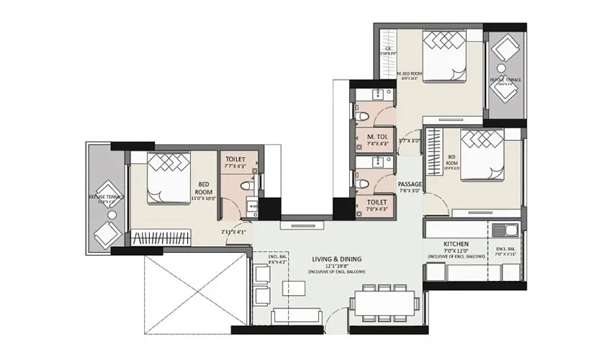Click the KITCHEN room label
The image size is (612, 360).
[x=457, y=244]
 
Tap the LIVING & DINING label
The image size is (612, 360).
[x=336, y=258]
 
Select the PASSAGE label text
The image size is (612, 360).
[x=409, y=184]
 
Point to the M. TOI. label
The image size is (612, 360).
[x=378, y=136]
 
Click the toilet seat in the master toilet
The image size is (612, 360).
[x=364, y=115]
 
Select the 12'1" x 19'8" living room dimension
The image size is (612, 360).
[x=336, y=265]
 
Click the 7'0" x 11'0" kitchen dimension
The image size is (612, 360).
[x=457, y=251]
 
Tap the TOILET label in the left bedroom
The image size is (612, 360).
[x=235, y=158]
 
